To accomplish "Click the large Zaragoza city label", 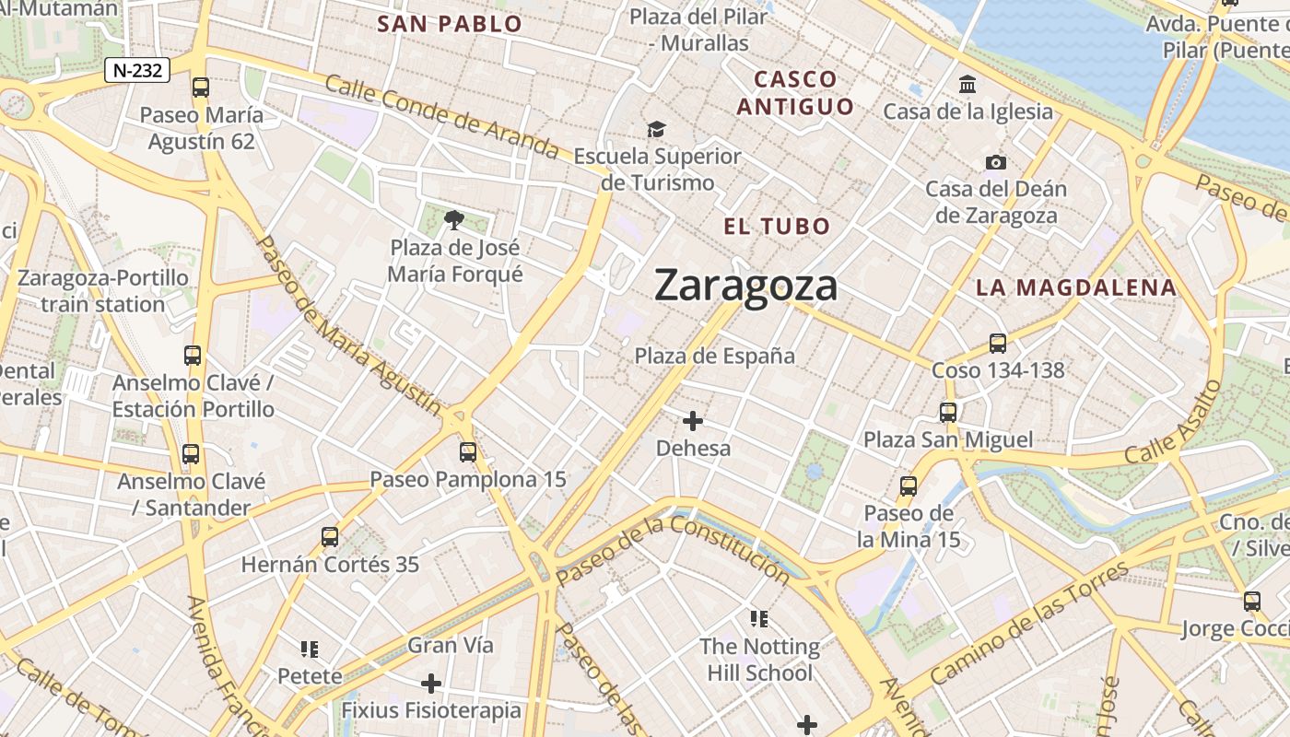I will pos(745,286).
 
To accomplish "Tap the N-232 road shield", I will pos(137,70).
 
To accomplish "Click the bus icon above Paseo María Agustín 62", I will pos(200,88).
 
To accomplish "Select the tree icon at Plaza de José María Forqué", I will pos(453,219).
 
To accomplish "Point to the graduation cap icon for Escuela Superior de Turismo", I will pos(656,129).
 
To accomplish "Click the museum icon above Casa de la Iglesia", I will pos(967,85).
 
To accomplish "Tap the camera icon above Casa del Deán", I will pos(996,162).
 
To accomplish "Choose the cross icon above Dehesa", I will pos(693,421).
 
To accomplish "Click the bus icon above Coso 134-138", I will pos(997,344).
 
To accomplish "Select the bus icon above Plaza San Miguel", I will pos(948,413).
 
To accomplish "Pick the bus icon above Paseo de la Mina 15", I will pos(909,485).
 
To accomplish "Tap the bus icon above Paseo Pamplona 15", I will pos(468,452).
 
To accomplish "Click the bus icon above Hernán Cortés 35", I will pos(330,536).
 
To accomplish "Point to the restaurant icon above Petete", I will pos(310,649).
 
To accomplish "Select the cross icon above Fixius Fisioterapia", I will pos(430,684).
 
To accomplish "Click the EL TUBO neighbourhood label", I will pos(777,227).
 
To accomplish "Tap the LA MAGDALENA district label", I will pos(1075,287).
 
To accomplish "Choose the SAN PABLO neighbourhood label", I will pos(450,24).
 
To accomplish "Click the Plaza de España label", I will pos(714,356).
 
